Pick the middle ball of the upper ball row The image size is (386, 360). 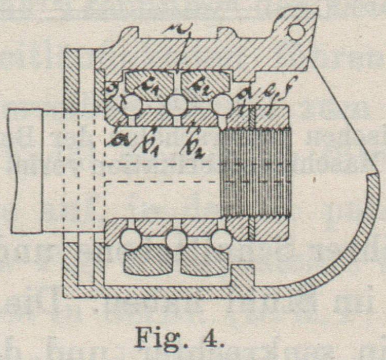pos(176,105)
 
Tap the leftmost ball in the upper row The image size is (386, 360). pos(132,105)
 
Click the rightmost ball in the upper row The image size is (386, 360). pos(222,105)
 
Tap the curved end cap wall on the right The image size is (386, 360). pos(355,242)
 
